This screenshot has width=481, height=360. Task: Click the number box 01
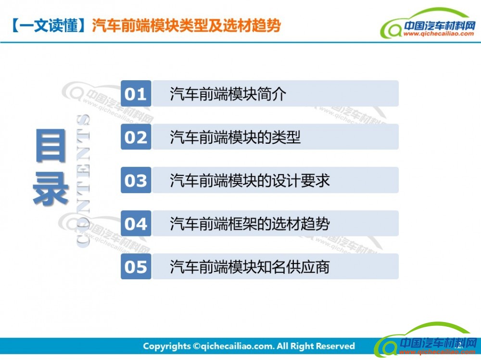136,94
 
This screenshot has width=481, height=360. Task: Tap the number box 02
136,137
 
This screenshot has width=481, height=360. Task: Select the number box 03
136,180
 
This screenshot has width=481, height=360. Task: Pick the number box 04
136,223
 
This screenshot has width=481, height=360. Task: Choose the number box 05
136,266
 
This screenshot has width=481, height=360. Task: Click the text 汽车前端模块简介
228,94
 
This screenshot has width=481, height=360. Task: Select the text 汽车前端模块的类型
235,137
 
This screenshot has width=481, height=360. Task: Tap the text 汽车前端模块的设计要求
250,180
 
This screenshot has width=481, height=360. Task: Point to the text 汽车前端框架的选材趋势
250,223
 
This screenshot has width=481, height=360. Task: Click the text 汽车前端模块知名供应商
250,267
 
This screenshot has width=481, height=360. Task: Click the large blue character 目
51,145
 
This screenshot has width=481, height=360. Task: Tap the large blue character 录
51,188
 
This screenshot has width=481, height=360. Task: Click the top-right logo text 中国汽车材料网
440,25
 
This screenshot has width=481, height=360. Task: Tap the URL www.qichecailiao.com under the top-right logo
439,34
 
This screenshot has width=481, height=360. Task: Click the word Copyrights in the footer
167,346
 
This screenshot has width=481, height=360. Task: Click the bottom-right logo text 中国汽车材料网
438,343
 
